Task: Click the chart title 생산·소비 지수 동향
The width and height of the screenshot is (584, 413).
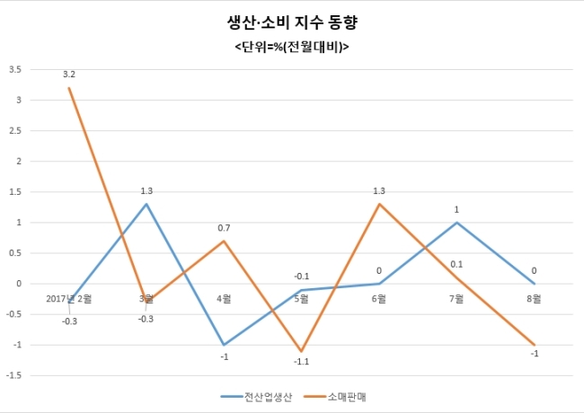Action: click(292, 22)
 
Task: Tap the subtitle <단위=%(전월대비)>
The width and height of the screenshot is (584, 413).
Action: click(292, 48)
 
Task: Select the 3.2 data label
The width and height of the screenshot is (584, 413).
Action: click(69, 75)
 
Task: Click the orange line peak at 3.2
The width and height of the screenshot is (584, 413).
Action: click(69, 88)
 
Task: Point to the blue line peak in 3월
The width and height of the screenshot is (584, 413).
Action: click(146, 204)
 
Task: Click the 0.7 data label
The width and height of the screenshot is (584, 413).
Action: click(224, 228)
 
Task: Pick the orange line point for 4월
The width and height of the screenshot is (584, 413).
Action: click(224, 241)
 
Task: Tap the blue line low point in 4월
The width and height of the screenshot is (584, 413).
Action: click(224, 345)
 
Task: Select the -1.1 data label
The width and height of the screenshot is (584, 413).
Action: click(301, 362)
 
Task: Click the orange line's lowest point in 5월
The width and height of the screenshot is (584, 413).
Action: click(301, 351)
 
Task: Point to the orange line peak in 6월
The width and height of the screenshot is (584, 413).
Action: click(379, 204)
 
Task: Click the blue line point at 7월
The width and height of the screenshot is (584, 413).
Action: click(456, 223)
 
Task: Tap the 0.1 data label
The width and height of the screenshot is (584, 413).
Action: click(456, 265)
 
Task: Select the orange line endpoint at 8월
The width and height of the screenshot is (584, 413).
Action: click(534, 345)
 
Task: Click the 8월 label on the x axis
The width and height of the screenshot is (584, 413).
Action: click(534, 299)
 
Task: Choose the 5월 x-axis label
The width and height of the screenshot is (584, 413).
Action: click(301, 299)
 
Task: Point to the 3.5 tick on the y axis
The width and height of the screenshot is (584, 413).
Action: click(15, 69)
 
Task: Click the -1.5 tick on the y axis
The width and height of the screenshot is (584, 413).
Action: click(13, 376)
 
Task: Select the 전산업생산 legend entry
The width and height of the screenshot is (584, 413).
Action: click(257, 397)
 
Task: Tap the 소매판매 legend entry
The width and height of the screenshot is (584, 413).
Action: click(335, 397)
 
